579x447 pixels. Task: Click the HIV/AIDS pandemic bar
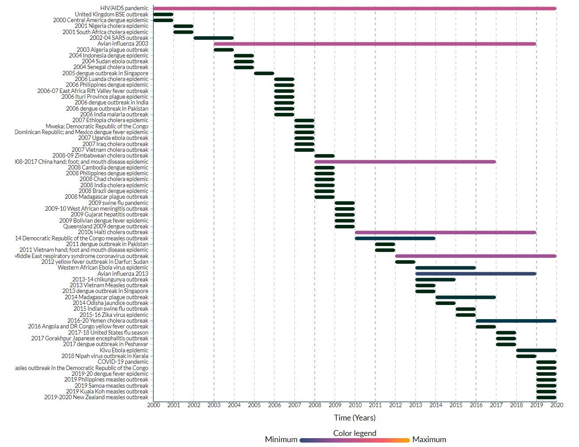click(x=354, y=8)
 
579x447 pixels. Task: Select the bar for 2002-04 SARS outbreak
click(x=213, y=38)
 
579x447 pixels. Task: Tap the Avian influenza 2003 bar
click(x=375, y=44)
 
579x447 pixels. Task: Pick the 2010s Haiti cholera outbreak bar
click(x=446, y=232)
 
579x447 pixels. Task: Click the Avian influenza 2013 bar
click(x=476, y=274)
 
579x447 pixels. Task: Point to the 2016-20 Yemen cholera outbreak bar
click(x=516, y=321)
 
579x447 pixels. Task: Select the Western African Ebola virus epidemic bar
click(x=446, y=268)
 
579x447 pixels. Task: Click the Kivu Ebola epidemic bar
click(x=536, y=350)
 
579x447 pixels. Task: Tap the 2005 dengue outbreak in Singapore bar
click(x=264, y=73)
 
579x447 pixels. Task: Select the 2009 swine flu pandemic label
click(x=118, y=203)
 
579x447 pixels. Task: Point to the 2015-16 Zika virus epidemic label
click(x=114, y=315)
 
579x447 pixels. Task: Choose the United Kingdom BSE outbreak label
click(x=111, y=14)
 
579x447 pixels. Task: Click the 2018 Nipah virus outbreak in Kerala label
click(x=105, y=356)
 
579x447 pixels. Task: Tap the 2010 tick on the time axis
click(x=355, y=405)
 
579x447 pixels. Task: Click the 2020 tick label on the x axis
click(x=556, y=405)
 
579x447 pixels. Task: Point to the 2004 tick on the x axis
click(x=234, y=405)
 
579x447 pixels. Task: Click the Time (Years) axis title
click(x=354, y=418)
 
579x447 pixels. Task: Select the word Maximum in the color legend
click(x=429, y=439)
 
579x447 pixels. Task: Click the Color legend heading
click(x=354, y=433)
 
